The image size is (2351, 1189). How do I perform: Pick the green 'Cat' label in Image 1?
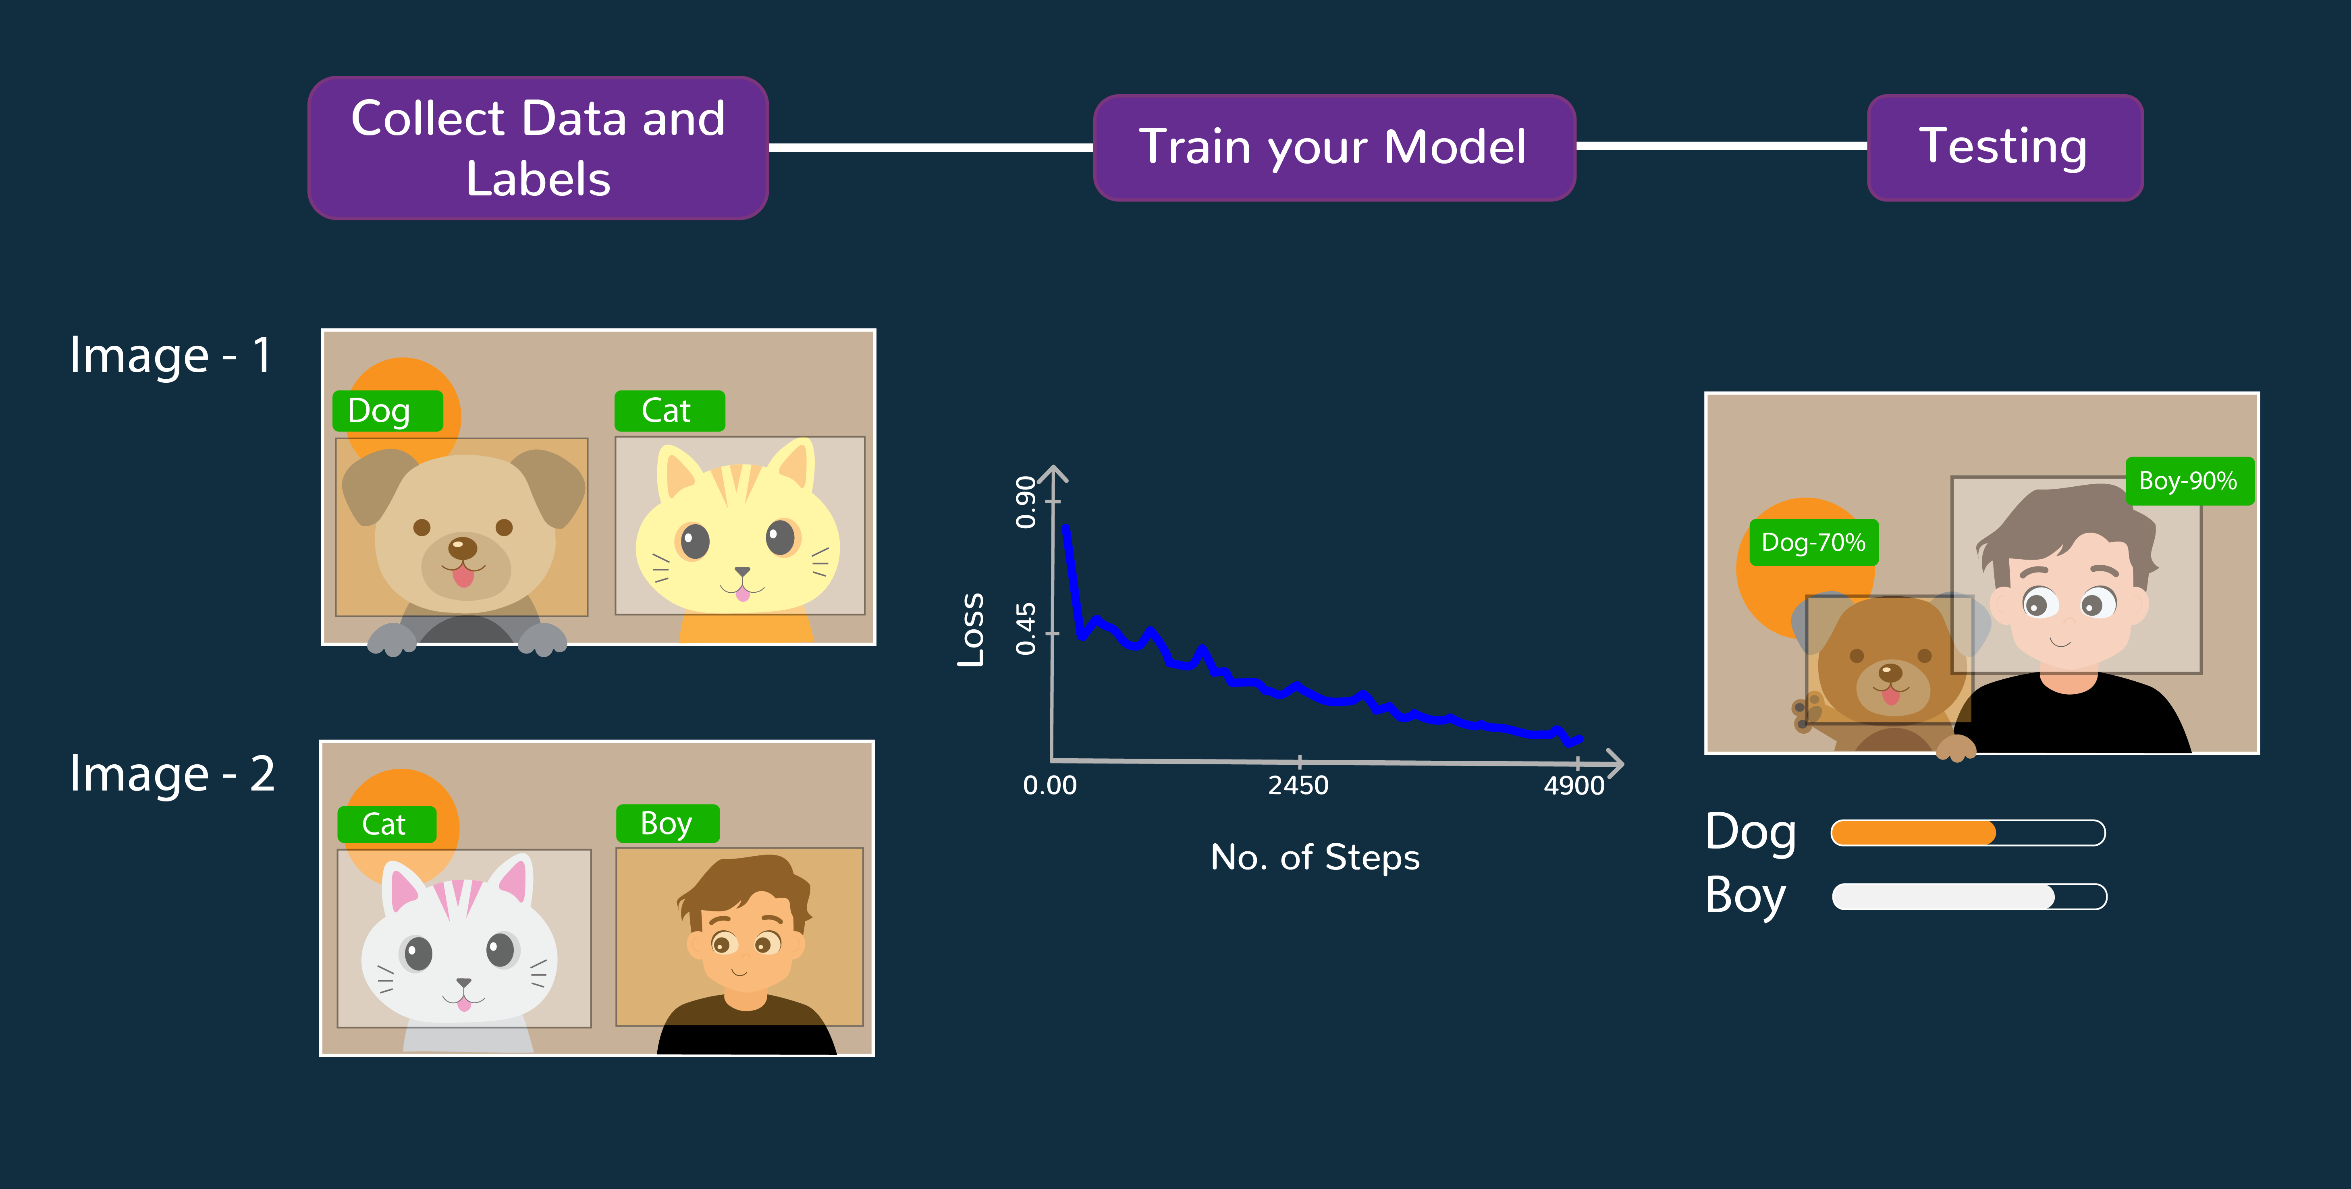click(x=669, y=411)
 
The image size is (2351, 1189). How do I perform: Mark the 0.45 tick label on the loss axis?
click(x=1026, y=629)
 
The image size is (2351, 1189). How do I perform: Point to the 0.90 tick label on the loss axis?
click(x=1026, y=502)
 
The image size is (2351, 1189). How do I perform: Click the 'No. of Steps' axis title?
click(x=1315, y=858)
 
